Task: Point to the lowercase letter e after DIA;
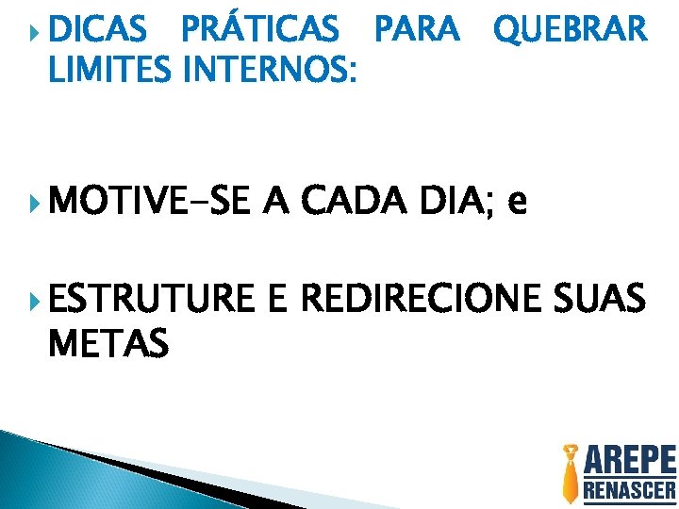click(x=516, y=204)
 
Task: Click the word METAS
click(x=108, y=342)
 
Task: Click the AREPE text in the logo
click(x=630, y=462)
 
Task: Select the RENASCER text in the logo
click(x=630, y=490)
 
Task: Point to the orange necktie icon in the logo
click(x=571, y=473)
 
